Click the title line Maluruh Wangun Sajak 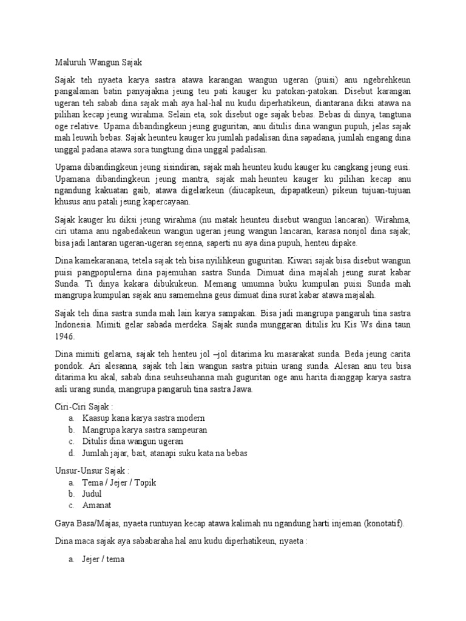point(96,61)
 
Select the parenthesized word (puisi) point(328,79)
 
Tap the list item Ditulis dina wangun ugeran point(133,441)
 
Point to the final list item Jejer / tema point(103,560)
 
